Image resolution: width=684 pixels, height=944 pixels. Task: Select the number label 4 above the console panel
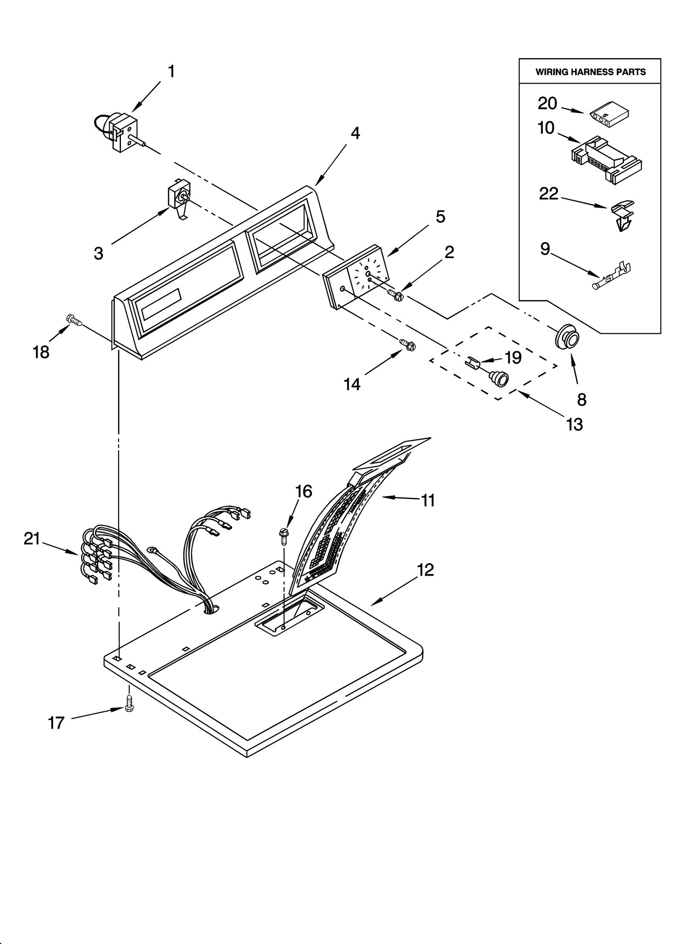click(x=355, y=133)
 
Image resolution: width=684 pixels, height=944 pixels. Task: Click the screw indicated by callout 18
click(x=74, y=320)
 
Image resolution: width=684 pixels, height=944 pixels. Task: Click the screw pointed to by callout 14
click(x=407, y=343)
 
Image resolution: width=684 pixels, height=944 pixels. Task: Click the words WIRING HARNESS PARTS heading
click(x=590, y=72)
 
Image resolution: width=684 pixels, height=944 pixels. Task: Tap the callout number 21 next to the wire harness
click(x=32, y=539)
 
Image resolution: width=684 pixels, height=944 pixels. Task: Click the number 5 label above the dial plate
click(x=440, y=217)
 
